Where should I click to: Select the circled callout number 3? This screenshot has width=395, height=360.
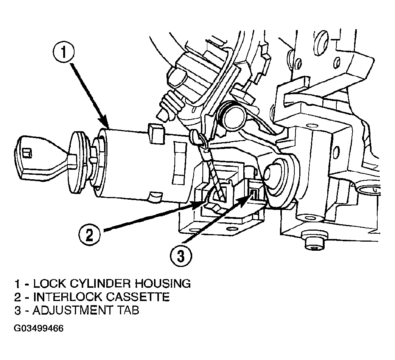click(181, 256)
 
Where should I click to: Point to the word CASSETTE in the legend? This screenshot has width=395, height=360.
click(138, 296)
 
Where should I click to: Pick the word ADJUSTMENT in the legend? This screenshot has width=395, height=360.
click(72, 310)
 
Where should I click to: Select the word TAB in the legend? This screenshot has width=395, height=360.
click(128, 310)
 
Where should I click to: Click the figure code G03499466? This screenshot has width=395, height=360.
click(39, 328)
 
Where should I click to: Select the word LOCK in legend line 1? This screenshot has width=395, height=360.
click(49, 283)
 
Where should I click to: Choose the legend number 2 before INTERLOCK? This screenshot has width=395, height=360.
click(18, 296)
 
